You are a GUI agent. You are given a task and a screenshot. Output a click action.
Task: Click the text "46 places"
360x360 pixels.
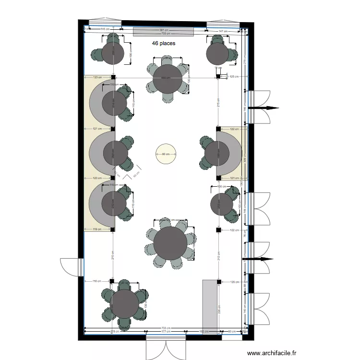click(164, 43)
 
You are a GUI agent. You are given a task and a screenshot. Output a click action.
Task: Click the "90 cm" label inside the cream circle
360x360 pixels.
click(166, 154)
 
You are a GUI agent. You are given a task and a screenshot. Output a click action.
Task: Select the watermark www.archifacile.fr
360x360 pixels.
click(272, 353)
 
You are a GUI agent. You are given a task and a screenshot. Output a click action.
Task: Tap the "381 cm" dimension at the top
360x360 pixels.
click(164, 30)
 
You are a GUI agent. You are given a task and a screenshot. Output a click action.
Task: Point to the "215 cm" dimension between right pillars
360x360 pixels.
click(218, 103)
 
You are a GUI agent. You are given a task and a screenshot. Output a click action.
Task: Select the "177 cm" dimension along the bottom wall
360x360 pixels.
click(166, 331)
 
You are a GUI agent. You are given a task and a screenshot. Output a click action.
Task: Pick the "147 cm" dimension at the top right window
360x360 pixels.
click(223, 31)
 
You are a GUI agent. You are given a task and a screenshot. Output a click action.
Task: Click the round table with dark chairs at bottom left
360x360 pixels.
click(124, 303)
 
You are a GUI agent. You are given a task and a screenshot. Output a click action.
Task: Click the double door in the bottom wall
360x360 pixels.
click(166, 347)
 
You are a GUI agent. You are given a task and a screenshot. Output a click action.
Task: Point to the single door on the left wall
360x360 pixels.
click(72, 266)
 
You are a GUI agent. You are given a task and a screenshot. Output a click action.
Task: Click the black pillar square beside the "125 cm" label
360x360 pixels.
click(218, 77)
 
